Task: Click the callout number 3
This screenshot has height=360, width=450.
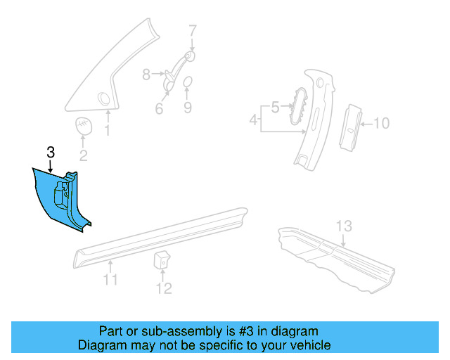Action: coord(51,152)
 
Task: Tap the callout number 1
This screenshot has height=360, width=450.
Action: coord(108,130)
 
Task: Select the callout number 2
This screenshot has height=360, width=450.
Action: coord(83,156)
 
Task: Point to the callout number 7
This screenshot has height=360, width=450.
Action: coord(193,30)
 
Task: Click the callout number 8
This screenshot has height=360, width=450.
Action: coord(146,73)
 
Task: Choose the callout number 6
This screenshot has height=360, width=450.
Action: coord(159,109)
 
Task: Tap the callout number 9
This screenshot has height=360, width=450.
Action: coord(188,108)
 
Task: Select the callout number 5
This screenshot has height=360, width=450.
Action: coord(276,107)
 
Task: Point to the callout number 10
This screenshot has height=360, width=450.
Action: coord(380,124)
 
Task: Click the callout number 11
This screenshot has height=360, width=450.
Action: coord(110,281)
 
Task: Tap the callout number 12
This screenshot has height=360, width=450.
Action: coord(163,288)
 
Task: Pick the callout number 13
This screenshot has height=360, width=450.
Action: coord(343,226)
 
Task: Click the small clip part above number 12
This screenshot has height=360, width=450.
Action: coord(161,258)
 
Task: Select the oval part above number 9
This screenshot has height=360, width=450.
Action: coord(188,84)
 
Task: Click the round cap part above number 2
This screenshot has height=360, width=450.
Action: coord(83,126)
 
